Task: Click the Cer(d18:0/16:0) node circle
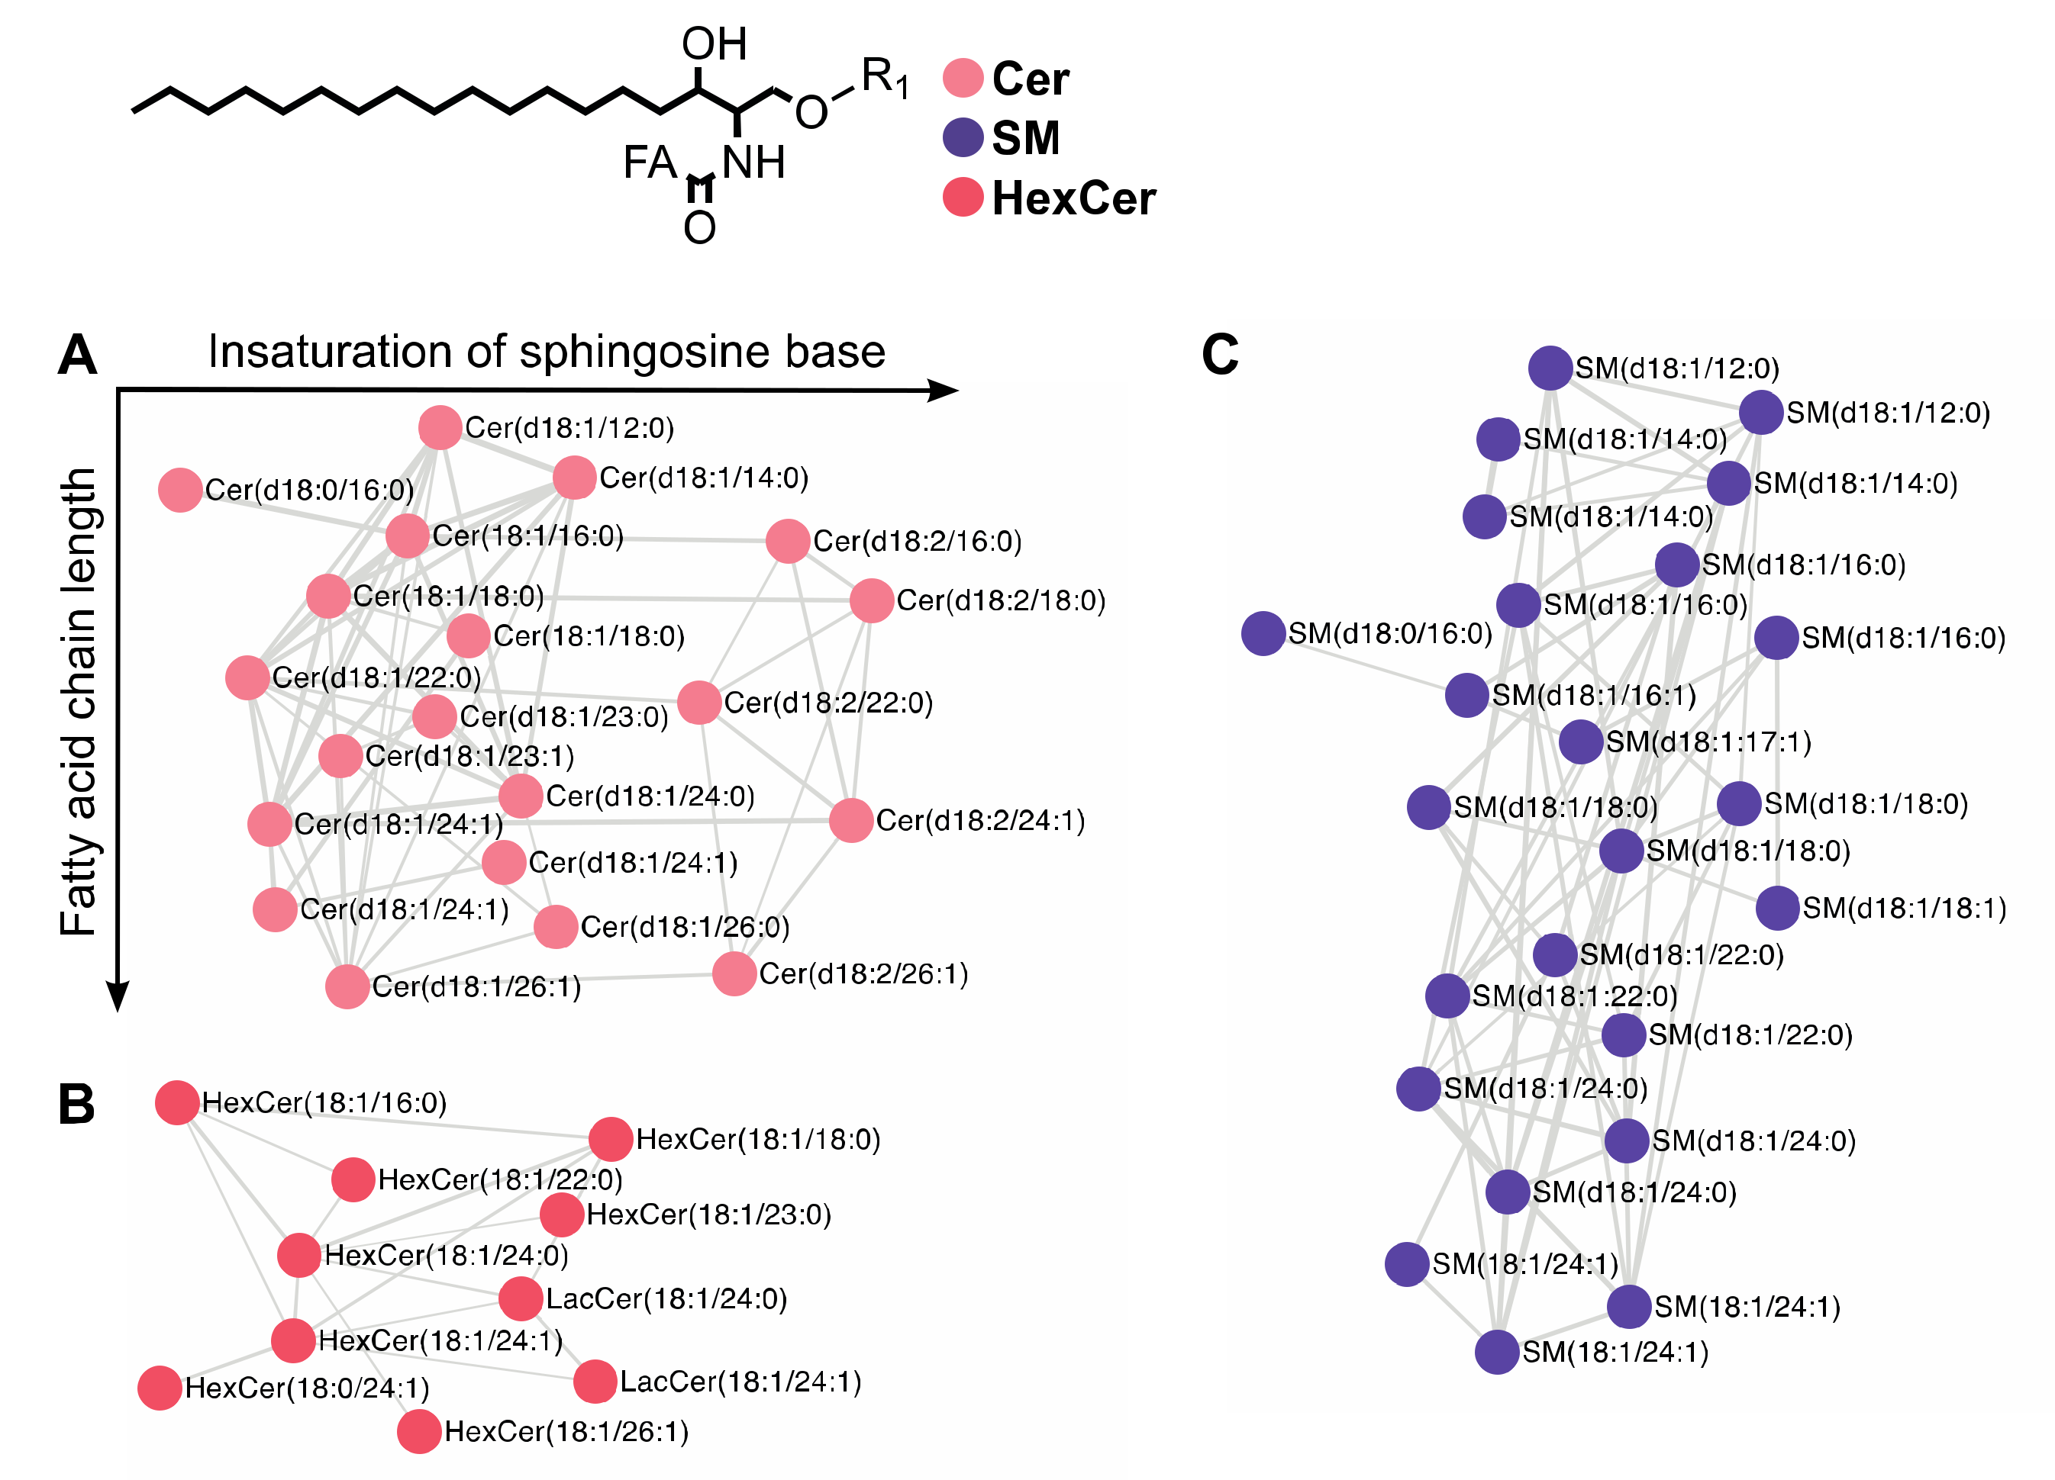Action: point(179,490)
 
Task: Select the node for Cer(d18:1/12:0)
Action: point(440,427)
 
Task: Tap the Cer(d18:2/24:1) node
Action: point(851,821)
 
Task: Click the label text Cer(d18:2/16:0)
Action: point(917,542)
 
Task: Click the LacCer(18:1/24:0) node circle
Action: point(521,1299)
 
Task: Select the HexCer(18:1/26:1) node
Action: point(418,1431)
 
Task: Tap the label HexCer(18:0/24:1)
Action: point(306,1388)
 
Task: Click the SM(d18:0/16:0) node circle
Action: point(1263,633)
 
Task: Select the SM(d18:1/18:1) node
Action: point(1777,908)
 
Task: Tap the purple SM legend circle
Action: point(963,137)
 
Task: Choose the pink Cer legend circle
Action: point(963,78)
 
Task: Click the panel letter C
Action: point(1220,354)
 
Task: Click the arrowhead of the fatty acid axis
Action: point(118,996)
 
